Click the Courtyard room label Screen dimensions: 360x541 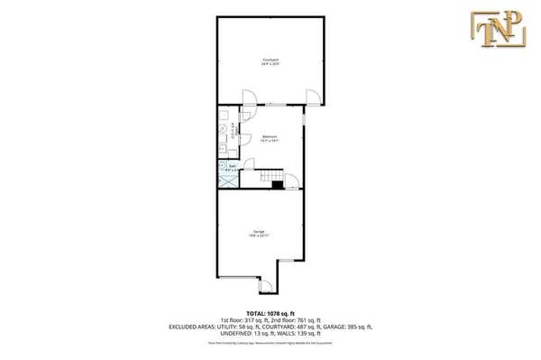270,61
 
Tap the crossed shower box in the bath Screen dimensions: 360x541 227,178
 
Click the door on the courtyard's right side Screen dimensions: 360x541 311,97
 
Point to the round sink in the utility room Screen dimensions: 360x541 223,129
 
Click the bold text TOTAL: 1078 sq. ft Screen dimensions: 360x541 270,313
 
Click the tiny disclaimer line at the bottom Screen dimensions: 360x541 270,344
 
